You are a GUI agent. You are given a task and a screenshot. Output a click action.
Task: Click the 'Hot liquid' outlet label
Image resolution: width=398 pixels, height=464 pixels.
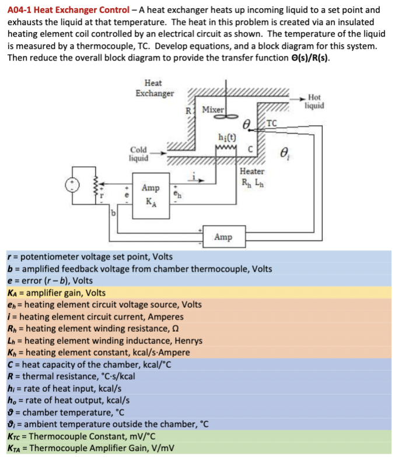[313, 101]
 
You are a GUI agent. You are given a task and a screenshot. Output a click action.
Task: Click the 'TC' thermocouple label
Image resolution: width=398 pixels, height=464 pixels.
[271, 122]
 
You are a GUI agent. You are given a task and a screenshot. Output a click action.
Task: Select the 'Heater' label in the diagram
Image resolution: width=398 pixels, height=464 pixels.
[252, 171]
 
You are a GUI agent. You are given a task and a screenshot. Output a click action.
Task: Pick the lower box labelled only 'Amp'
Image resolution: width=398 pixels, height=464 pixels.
[222, 237]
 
